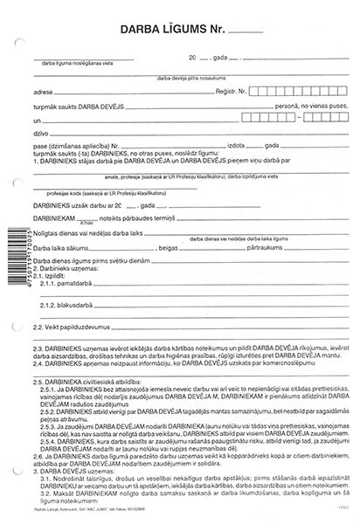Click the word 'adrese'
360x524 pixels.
pyautogui.click(x=40, y=90)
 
